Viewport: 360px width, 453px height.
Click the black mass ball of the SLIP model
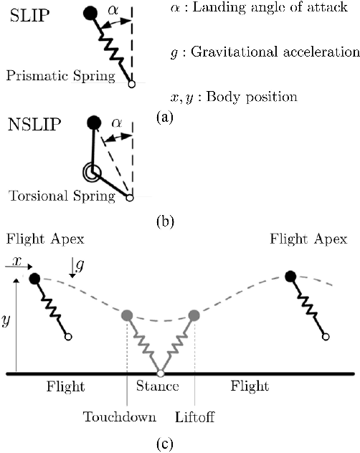(x=90, y=13)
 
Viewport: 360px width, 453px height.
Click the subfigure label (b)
(x=164, y=221)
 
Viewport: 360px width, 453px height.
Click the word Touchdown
(x=114, y=415)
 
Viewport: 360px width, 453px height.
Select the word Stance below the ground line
(x=156, y=387)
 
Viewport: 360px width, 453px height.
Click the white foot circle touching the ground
(x=161, y=373)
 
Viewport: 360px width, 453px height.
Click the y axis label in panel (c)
(x=7, y=321)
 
